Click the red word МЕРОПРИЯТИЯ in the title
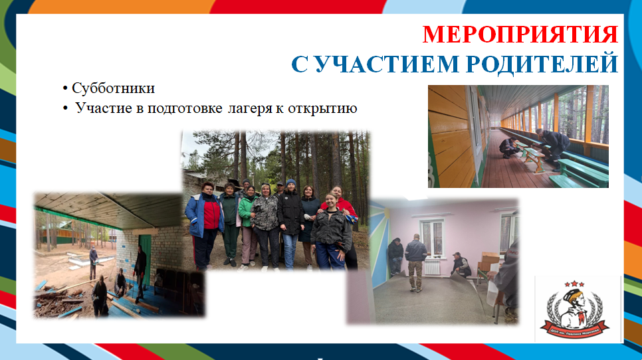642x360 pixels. point(520,34)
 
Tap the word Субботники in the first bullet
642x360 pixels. point(113,88)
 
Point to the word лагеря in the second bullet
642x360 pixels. point(247,108)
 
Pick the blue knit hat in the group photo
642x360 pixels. point(290,183)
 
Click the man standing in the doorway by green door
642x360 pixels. point(140,262)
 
